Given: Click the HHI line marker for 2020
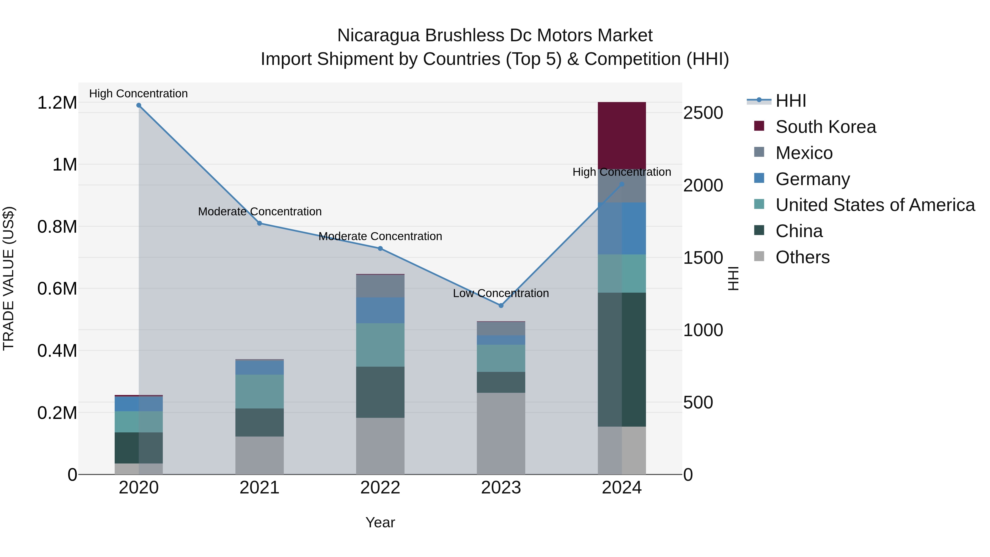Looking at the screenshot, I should [x=139, y=105].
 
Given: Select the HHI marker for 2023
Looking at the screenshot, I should [x=501, y=306].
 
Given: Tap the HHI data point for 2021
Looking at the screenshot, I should [x=259, y=223].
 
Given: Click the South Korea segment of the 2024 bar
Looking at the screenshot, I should [x=622, y=135].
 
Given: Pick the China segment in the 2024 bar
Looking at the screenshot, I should [x=622, y=360].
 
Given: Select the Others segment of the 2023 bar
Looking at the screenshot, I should [x=501, y=433].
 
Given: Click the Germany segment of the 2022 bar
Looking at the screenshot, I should [x=380, y=310].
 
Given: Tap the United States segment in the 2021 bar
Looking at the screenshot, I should [x=259, y=391].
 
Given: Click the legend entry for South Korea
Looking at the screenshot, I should [x=826, y=127].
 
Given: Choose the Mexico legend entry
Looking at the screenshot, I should [x=804, y=153].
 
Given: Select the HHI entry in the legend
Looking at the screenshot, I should [x=791, y=101].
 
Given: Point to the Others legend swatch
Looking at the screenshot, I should [x=759, y=256].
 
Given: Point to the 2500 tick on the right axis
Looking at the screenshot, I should [x=703, y=113].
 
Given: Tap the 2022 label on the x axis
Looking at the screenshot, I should [x=380, y=488].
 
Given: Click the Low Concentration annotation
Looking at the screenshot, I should [x=501, y=293].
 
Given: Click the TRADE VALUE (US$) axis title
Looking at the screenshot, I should [x=9, y=278].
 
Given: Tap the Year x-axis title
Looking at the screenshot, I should [x=380, y=522].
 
